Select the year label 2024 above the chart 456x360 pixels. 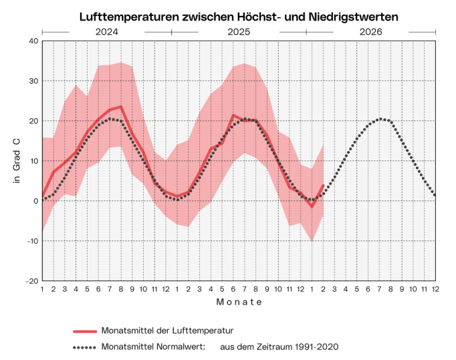[x=106, y=31]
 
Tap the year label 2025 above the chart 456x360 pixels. [x=239, y=31]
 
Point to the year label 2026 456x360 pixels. [x=371, y=31]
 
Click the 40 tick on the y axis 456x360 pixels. [x=32, y=41]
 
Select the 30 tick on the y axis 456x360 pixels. [x=32, y=81]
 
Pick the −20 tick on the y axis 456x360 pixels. [x=30, y=281]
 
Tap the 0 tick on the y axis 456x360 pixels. [x=34, y=201]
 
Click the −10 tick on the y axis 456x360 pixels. [x=30, y=241]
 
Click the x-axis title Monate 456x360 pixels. [x=239, y=303]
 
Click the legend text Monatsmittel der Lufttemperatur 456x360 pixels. [x=166, y=331]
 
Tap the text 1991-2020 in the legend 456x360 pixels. [x=316, y=347]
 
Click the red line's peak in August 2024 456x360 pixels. [x=120, y=106]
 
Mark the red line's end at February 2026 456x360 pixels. [x=323, y=186]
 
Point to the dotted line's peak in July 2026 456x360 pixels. [x=380, y=119]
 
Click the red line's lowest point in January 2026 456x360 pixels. [x=312, y=206]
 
